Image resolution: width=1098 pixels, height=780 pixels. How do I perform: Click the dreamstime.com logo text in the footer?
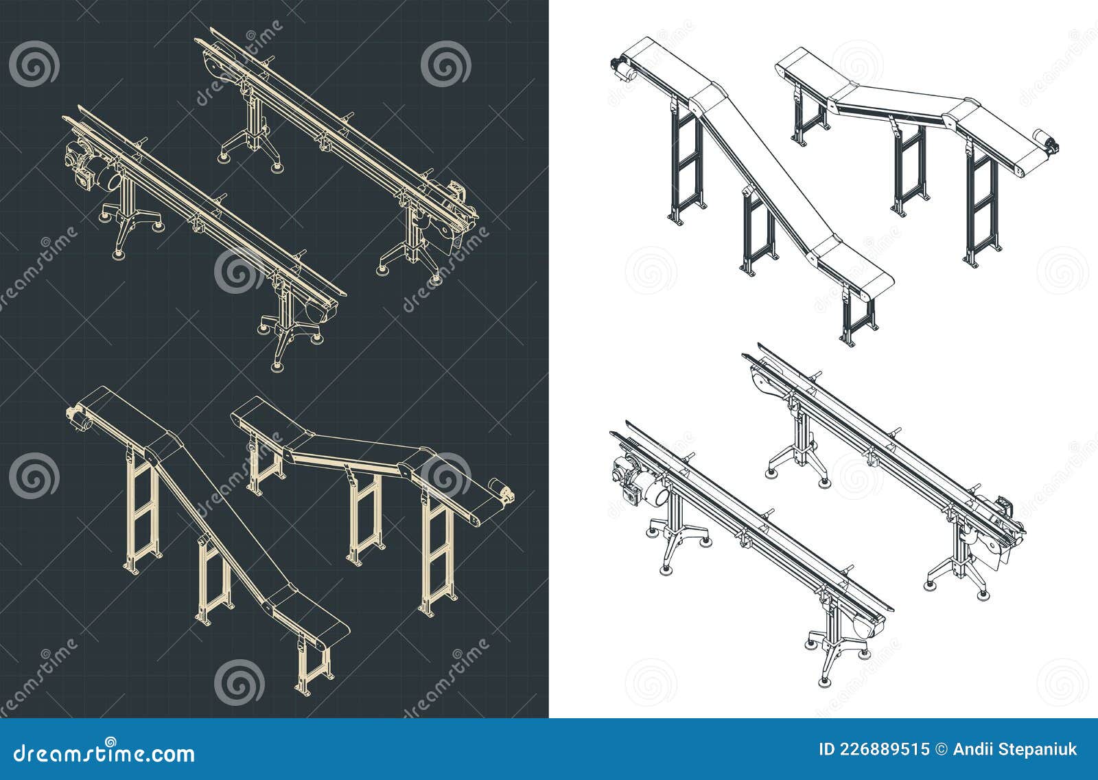click(104, 753)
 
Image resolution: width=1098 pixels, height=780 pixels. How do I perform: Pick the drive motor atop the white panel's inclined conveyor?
click(620, 68)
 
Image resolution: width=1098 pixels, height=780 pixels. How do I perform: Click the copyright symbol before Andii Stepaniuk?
click(943, 749)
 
